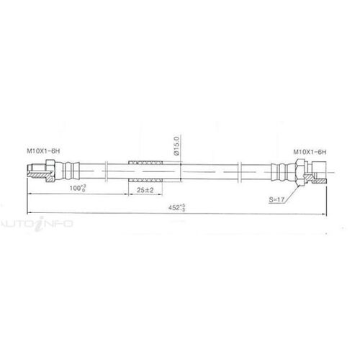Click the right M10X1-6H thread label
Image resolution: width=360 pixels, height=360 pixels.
tap(310, 152)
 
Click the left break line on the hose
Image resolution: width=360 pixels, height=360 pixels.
tap(106, 173)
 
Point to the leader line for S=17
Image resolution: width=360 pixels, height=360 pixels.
tap(294, 189)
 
